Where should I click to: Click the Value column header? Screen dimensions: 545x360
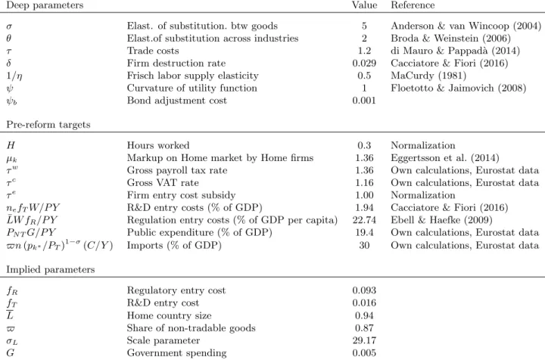point(364,5)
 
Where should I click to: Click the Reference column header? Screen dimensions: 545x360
point(413,5)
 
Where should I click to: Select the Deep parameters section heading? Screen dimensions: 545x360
point(45,5)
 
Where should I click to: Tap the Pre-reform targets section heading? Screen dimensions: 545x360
point(48,125)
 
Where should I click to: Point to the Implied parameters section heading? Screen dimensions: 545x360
point(51,270)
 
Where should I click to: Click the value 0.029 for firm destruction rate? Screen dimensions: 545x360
point(364,64)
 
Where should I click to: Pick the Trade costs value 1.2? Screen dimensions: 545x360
point(364,51)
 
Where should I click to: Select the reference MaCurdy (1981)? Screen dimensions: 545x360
point(428,76)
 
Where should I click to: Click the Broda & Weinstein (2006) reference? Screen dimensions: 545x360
point(450,38)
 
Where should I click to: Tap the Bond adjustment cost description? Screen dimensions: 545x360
point(176,101)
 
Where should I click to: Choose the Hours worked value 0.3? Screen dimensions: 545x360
point(364,145)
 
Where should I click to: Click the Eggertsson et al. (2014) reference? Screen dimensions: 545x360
point(445,158)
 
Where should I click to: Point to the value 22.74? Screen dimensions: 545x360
point(364,220)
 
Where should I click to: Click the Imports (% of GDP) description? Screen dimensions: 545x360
point(174,246)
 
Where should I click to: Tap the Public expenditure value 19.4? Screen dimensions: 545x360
point(364,233)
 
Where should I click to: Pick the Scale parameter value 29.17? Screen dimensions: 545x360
point(364,340)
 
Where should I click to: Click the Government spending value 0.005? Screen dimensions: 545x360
point(364,353)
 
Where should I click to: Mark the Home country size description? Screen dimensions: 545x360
point(169,315)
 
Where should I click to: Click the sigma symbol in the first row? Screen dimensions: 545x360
point(9,26)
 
